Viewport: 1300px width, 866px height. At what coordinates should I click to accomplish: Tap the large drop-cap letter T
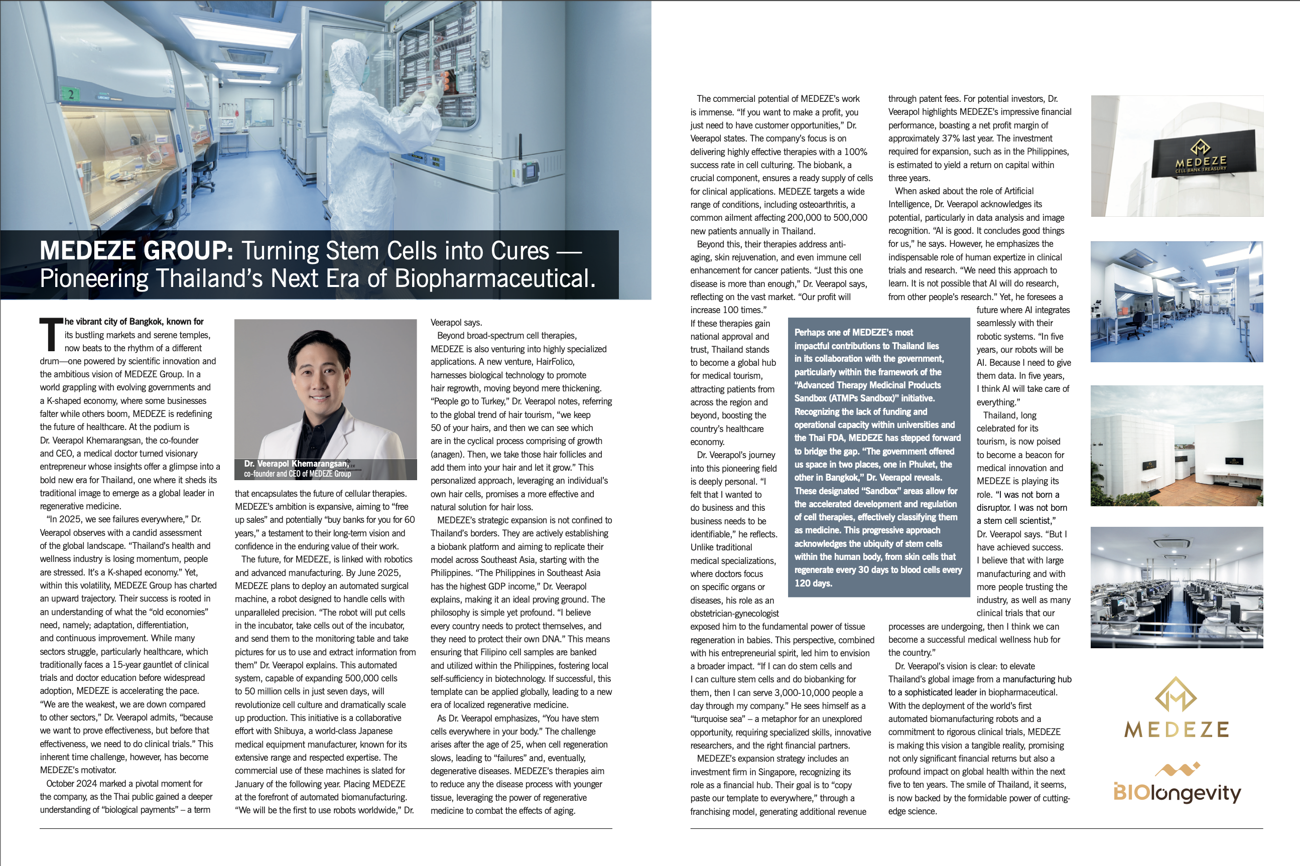click(x=50, y=335)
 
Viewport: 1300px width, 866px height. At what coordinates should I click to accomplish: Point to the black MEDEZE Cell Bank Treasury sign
click(x=1201, y=159)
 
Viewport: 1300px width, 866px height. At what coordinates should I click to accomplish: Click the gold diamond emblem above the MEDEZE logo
click(x=1176, y=694)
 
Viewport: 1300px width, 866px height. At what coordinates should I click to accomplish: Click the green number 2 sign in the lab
click(x=71, y=94)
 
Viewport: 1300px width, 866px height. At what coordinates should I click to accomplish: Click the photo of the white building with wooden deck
click(x=1176, y=446)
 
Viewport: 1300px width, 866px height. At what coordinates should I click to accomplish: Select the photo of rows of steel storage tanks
click(x=1176, y=587)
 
